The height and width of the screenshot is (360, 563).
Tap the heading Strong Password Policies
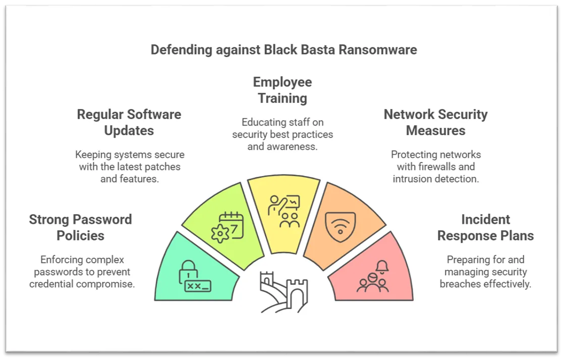[x=80, y=227]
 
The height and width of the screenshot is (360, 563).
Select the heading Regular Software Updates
[x=129, y=123]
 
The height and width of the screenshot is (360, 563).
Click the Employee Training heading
[x=283, y=90]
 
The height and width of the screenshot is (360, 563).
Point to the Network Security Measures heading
[x=435, y=123]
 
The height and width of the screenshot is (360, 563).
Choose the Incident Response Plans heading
[x=485, y=227]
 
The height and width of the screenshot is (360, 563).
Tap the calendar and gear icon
[x=228, y=227]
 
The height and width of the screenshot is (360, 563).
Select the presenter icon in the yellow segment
[x=284, y=211]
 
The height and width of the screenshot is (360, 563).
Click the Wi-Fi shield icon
[x=341, y=227]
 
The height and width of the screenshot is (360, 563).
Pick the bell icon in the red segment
[x=382, y=267]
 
